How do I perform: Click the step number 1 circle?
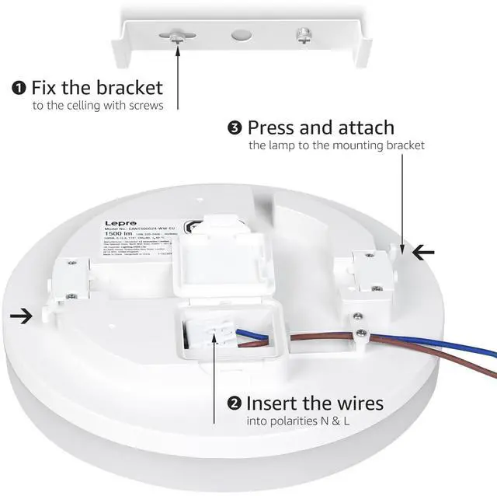pyautogui.click(x=19, y=87)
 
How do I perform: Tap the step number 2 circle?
pyautogui.click(x=234, y=403)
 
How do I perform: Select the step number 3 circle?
pyautogui.click(x=234, y=127)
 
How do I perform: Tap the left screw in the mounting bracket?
pyautogui.click(x=178, y=36)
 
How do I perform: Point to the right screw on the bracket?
pyautogui.click(x=303, y=35)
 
